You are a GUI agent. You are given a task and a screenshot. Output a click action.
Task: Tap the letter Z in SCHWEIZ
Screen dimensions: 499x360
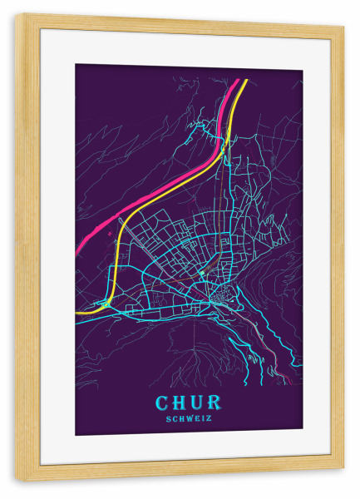point(210,418)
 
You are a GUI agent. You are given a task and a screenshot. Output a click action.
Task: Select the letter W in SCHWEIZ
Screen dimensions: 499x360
point(189,418)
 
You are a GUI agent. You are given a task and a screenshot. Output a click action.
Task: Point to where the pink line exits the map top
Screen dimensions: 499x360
point(237,81)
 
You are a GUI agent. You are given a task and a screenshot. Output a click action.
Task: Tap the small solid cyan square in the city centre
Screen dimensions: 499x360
point(200,271)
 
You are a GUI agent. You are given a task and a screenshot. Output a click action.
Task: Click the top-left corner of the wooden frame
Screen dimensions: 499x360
point(16,16)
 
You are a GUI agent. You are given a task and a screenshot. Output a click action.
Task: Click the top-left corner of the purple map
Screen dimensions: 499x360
point(76,65)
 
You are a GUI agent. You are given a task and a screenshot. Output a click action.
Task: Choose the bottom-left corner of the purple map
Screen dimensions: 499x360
point(76,435)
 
